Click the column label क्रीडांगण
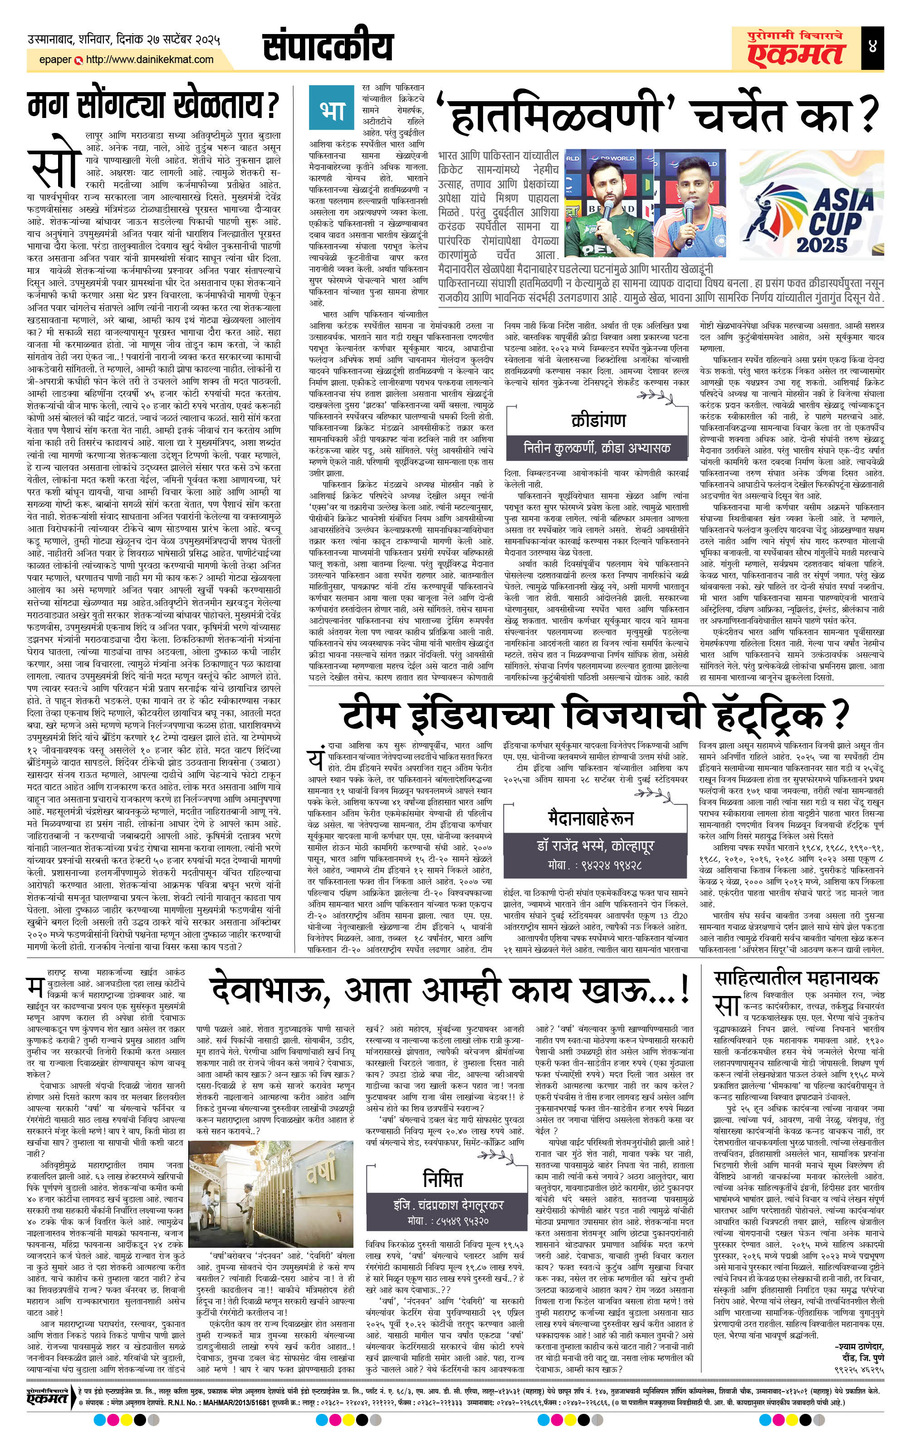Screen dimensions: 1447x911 coord(598,420)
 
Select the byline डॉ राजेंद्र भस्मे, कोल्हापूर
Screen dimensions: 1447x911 coord(595,845)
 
